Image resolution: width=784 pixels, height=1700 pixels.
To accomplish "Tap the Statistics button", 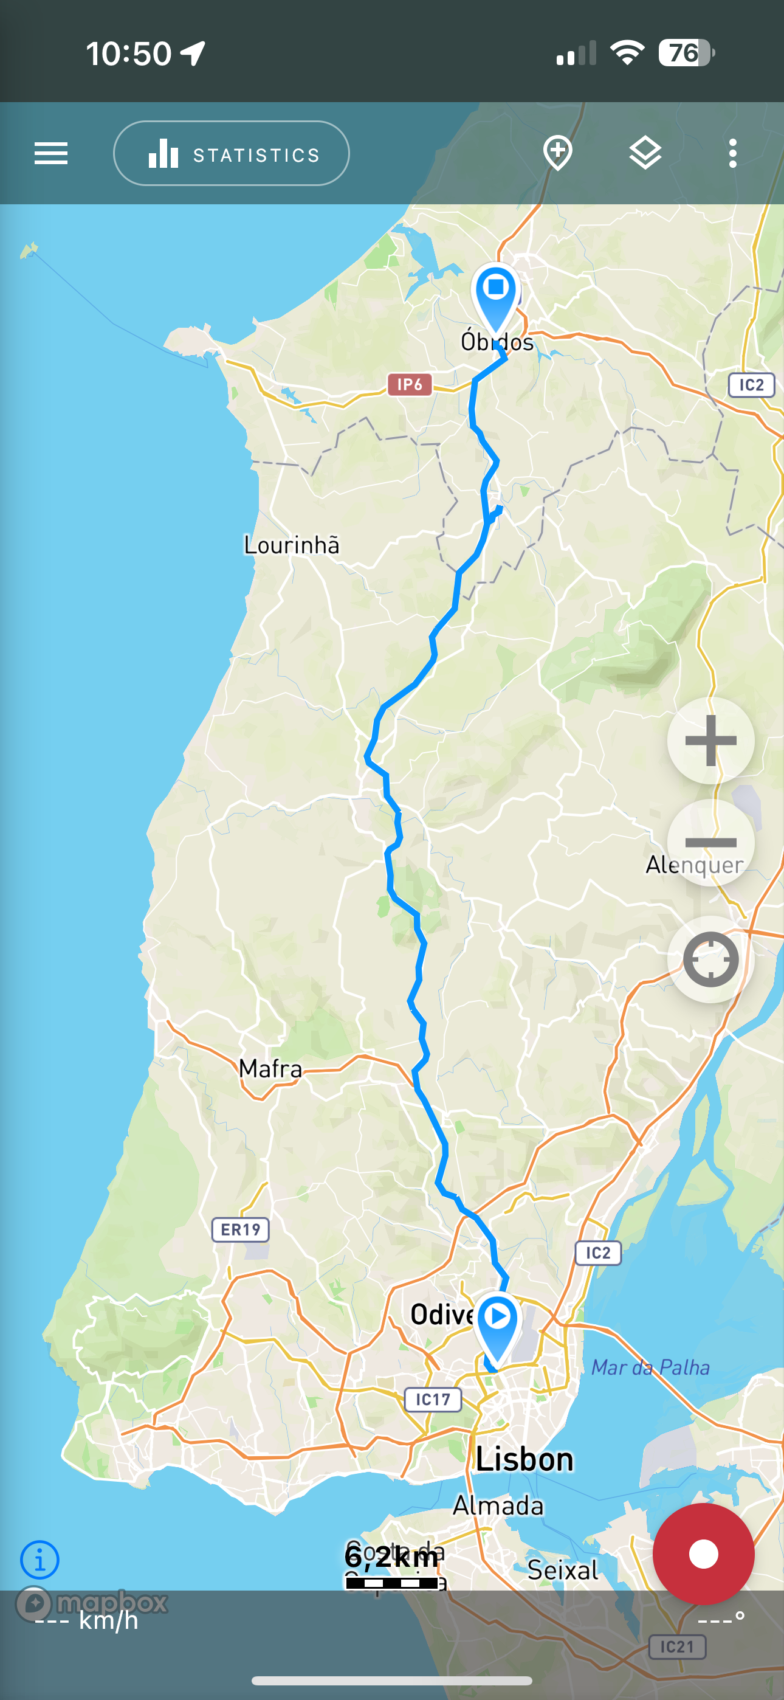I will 231,154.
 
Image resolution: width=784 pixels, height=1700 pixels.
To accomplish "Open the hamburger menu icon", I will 51,154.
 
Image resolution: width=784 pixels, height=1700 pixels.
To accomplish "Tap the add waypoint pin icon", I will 558,153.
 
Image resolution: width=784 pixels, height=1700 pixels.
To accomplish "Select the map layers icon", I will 645,153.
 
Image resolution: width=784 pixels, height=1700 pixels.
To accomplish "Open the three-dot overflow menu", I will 732,153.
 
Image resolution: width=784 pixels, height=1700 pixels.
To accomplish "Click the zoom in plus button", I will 710,741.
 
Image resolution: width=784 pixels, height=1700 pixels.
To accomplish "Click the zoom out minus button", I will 710,842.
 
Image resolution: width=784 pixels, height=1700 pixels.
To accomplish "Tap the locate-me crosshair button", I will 710,959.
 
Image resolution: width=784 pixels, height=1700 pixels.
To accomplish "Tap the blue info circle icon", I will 40,1560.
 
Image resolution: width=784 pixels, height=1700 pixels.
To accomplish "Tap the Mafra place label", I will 270,1068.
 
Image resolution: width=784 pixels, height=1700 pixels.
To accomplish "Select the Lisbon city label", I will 524,1459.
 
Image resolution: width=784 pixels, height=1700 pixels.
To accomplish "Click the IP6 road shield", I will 409,384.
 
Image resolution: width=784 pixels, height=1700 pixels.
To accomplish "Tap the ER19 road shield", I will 240,1229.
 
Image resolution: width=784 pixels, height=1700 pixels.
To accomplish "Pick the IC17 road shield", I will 432,1399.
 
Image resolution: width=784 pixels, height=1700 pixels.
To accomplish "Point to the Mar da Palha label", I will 651,1367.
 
